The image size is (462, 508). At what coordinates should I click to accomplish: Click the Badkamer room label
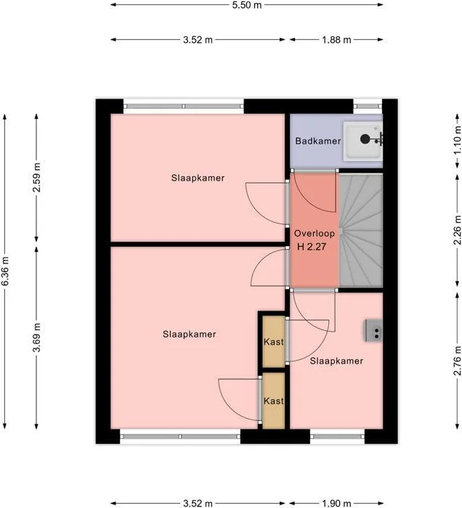[x=317, y=141]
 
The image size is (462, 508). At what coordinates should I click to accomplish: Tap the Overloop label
[x=314, y=233]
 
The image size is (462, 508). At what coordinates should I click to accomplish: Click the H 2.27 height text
[x=312, y=247]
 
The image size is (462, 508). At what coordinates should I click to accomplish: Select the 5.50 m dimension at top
[x=247, y=5]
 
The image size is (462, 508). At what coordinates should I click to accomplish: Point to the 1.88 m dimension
[x=336, y=40]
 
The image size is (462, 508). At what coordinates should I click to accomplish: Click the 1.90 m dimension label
[x=336, y=503]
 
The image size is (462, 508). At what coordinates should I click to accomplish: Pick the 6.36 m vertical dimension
[x=5, y=271]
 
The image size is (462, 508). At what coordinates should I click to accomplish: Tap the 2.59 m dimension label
[x=37, y=177]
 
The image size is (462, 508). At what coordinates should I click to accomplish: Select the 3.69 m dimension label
[x=37, y=337]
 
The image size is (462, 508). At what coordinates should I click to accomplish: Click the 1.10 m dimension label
[x=457, y=140]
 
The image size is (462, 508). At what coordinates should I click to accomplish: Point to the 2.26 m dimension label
[x=457, y=230]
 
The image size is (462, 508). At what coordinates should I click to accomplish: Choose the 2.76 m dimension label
[x=457, y=361]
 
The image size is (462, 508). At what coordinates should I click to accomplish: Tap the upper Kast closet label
[x=274, y=342]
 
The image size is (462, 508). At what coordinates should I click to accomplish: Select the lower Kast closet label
[x=274, y=401]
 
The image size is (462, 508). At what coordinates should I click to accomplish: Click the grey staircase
[x=361, y=230]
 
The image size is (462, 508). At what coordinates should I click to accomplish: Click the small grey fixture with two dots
[x=374, y=330]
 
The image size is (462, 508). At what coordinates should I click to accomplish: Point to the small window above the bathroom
[x=368, y=106]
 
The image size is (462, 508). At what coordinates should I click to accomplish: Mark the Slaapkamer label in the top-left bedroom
[x=198, y=178]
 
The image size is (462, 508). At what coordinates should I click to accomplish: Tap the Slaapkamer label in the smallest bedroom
[x=336, y=361]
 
